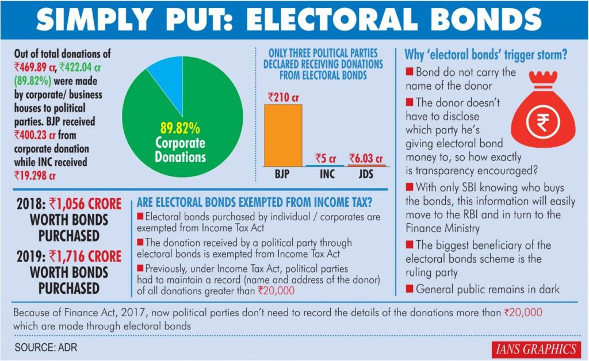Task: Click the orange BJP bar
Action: (283, 136)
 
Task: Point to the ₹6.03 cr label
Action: (367, 158)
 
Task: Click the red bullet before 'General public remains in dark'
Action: (410, 289)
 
